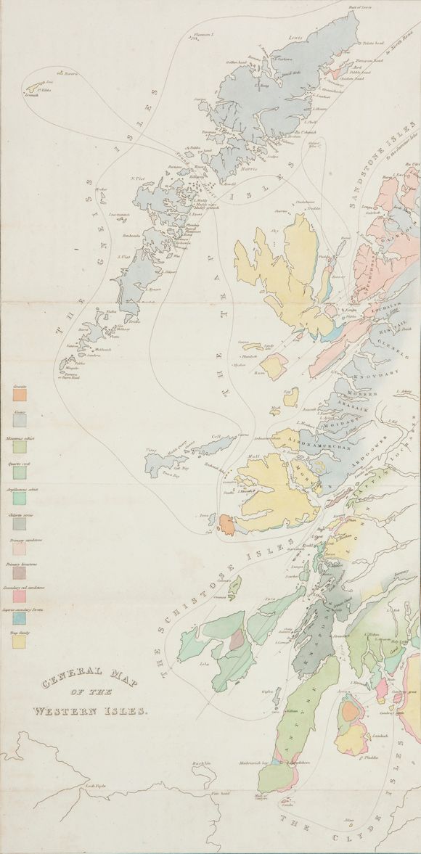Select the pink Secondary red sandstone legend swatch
[19, 596]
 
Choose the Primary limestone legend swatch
[19, 572]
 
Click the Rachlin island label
[202, 763]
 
